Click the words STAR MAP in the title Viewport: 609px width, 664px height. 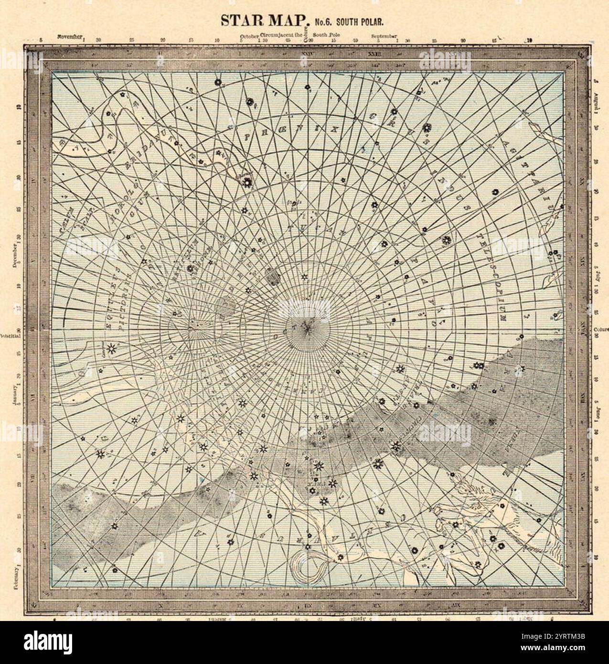tap(263, 20)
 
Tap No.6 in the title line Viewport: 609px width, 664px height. tap(323, 21)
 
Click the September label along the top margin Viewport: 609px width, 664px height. tap(385, 36)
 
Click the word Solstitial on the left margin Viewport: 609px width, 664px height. tap(11, 334)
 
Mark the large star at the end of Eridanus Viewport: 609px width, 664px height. tap(247, 182)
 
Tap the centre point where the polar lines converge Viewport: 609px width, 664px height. tap(309, 326)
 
